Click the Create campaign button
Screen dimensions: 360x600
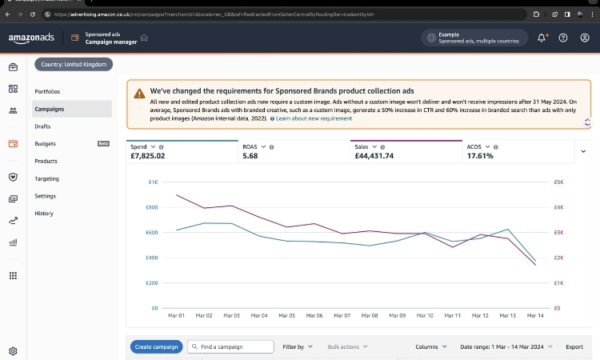point(156,346)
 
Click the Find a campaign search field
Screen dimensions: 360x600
point(228,346)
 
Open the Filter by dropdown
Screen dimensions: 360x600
point(298,346)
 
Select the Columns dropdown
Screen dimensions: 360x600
point(431,346)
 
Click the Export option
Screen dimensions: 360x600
point(574,346)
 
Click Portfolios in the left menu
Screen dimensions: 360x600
point(47,91)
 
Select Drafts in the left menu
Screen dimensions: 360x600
point(43,126)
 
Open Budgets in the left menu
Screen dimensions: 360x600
point(45,144)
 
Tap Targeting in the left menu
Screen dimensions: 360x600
point(46,178)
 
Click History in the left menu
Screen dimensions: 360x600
point(44,214)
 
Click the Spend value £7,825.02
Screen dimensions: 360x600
point(147,156)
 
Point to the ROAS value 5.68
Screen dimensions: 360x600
point(250,156)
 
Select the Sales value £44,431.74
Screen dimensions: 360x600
point(374,156)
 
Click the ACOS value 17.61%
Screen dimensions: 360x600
point(480,156)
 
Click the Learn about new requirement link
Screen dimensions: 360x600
point(314,118)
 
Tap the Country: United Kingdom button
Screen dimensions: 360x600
point(74,64)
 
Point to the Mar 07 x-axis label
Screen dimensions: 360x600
point(341,316)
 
